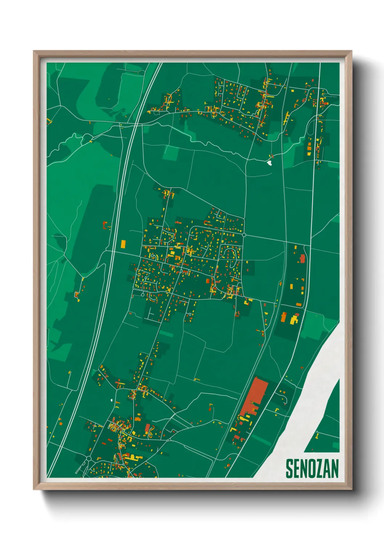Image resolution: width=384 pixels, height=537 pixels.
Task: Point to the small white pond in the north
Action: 269,163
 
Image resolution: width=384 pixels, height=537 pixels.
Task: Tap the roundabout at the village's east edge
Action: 244,235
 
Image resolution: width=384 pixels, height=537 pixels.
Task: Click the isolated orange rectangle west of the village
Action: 123,243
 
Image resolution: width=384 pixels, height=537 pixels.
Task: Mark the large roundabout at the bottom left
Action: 89,459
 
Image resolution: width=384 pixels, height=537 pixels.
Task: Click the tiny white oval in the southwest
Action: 111,401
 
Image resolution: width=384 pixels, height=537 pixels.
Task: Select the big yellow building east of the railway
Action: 293,320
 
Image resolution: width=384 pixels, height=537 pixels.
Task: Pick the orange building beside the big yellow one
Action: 283,317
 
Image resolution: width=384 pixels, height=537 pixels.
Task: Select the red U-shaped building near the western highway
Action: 106,226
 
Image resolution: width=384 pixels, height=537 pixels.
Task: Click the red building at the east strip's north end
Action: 302,259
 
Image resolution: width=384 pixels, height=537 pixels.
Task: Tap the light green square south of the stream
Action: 170,153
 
